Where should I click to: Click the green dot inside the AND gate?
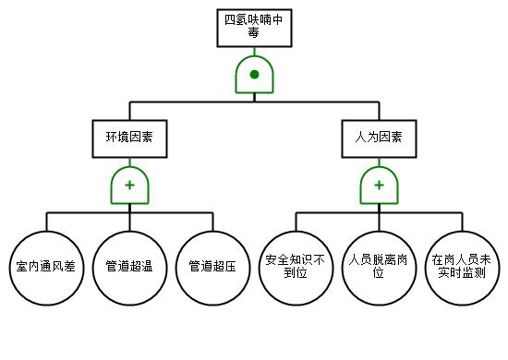click(254, 75)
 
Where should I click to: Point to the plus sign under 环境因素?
click(129, 186)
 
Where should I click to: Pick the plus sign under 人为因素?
click(379, 186)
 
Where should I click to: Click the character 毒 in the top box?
click(254, 32)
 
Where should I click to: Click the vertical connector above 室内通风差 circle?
click(47, 222)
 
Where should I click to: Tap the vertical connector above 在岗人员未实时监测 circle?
click(463, 222)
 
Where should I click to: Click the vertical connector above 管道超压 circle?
click(212, 222)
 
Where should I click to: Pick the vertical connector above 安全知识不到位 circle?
click(296, 222)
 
